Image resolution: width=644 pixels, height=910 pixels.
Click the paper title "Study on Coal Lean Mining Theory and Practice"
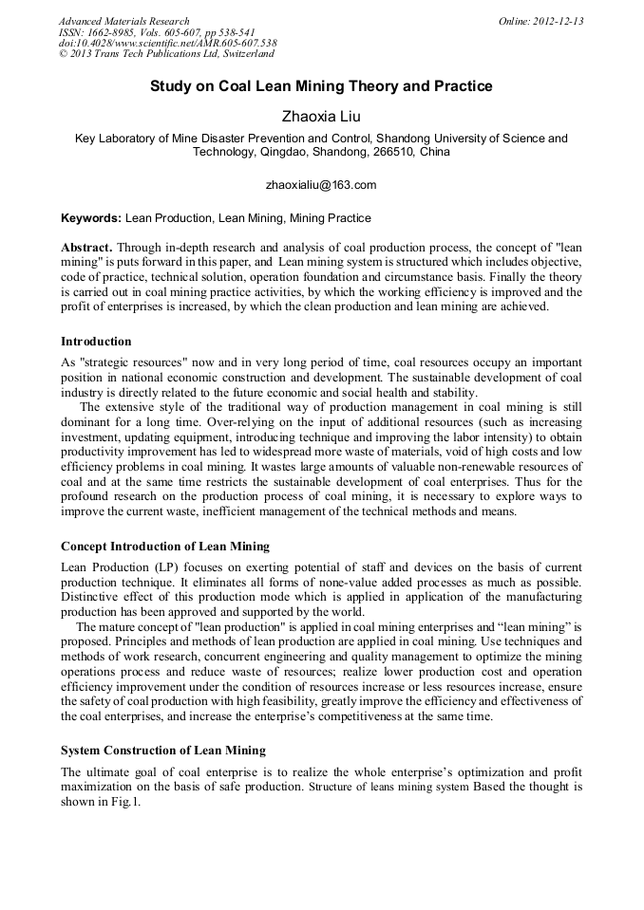pos(321,86)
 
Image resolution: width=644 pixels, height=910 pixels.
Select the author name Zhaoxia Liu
pos(321,117)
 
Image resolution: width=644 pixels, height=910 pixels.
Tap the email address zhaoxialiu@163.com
pos(321,184)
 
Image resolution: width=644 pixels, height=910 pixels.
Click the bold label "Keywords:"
pos(91,217)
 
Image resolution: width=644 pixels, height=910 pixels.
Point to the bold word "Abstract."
pos(86,247)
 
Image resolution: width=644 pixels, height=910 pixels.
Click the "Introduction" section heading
pos(96,341)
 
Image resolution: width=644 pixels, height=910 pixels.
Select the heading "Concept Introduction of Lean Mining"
pos(164,547)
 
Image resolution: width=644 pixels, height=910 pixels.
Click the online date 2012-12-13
pos(558,21)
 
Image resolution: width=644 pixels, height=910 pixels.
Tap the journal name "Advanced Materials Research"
pos(123,21)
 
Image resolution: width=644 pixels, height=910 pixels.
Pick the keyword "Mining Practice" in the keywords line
pos(331,217)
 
